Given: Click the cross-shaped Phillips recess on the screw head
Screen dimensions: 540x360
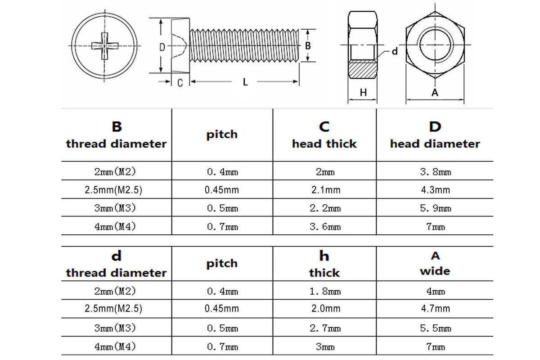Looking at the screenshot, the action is point(105,45).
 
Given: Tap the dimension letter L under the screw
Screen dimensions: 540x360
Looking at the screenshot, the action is point(245,82).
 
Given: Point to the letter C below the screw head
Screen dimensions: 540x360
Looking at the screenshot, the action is point(180,83).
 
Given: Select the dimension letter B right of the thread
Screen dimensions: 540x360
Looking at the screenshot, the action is point(308,46).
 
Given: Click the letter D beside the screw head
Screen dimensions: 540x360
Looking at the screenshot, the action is point(162,47).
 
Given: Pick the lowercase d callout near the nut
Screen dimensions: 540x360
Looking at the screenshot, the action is point(395,51).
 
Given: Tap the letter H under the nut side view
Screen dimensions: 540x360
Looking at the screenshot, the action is point(363,93).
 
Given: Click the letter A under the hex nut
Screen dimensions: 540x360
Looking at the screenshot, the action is point(435,92).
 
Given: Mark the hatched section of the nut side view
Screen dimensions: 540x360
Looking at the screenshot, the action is point(362,69).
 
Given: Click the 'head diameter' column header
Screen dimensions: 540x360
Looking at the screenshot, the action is point(435,144).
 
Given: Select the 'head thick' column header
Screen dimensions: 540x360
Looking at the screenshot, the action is point(324,144).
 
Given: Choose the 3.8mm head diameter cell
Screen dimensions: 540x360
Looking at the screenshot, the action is point(436,172).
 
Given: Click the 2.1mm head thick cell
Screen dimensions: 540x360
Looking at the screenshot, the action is point(326,190).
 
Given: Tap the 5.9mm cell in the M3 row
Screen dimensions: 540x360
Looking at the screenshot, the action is point(436,208).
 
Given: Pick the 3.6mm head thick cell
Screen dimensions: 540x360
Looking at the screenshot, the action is point(325,227).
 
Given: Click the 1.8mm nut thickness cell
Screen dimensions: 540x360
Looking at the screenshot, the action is point(325,292).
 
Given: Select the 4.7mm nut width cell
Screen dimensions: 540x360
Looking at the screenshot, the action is point(436,308).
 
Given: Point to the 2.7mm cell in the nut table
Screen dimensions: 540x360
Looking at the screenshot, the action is point(325,328).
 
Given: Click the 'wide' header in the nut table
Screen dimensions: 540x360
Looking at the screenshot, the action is point(435,271).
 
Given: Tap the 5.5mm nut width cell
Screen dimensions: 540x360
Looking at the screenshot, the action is point(436,328).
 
